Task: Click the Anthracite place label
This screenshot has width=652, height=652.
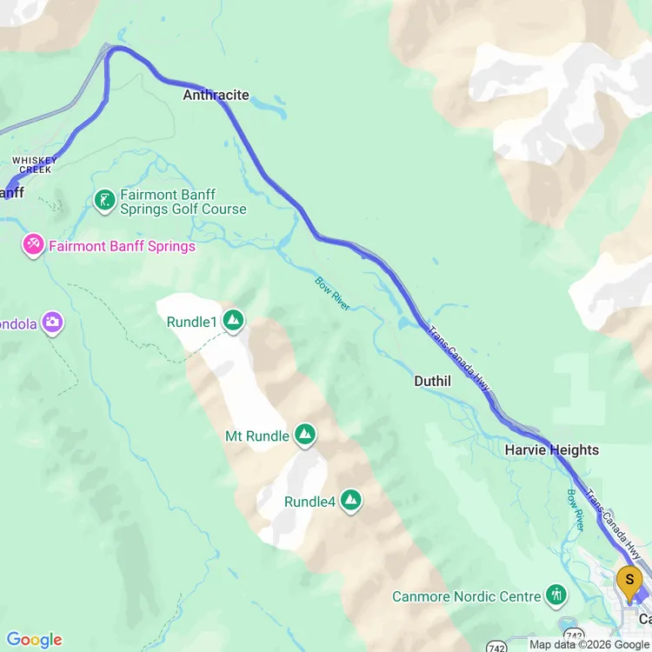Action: tap(216, 95)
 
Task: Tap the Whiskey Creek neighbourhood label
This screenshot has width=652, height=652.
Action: tap(35, 164)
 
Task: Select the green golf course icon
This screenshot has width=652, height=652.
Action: tap(104, 202)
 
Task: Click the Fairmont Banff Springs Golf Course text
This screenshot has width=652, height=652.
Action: tap(183, 202)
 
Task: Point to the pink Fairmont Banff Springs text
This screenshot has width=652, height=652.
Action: tap(122, 246)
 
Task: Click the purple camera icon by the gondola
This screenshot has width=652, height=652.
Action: tap(52, 323)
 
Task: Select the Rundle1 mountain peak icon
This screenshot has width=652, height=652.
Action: tap(233, 322)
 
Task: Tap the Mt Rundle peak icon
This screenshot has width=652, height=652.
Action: tap(304, 435)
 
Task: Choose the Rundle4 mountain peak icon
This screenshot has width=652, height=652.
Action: tap(350, 501)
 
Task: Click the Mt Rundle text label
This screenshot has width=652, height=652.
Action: tap(256, 436)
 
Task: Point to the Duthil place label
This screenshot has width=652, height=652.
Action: tap(432, 381)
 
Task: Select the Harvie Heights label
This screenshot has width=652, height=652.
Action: tap(552, 449)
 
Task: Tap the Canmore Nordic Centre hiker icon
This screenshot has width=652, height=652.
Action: tap(556, 595)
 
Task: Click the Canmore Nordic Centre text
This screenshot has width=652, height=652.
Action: tap(467, 596)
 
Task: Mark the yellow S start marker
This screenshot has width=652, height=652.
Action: tap(629, 579)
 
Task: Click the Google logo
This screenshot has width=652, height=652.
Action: tap(34, 640)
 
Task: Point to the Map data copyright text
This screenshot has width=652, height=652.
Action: tap(589, 644)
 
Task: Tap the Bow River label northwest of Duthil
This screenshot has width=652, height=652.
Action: tap(333, 293)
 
